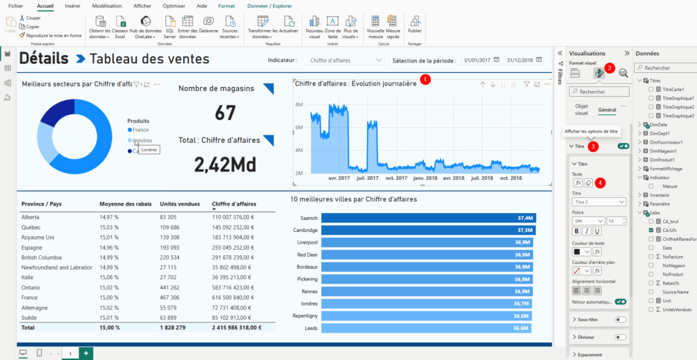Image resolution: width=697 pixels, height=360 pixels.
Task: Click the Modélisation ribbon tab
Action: pyautogui.click(x=106, y=5)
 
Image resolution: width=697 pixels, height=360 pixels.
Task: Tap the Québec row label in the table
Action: pyautogui.click(x=31, y=227)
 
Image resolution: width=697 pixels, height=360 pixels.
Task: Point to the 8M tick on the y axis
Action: pyautogui.click(x=299, y=105)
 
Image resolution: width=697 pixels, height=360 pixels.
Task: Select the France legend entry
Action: pyautogui.click(x=140, y=129)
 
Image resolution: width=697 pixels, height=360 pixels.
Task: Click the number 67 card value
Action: pyautogui.click(x=225, y=113)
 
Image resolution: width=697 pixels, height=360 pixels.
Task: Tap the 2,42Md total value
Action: pyautogui.click(x=225, y=164)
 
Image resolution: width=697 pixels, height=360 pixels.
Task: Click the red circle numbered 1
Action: pyautogui.click(x=426, y=79)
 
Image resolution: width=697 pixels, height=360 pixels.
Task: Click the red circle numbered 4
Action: pyautogui.click(x=600, y=182)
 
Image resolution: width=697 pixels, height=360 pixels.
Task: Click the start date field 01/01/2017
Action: pyautogui.click(x=477, y=61)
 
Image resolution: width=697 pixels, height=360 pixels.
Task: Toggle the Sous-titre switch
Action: pyautogui.click(x=620, y=319)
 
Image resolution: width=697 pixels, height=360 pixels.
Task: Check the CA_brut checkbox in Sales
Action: pyautogui.click(x=651, y=221)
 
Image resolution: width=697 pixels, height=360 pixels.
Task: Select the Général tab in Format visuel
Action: pyautogui.click(x=606, y=110)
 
